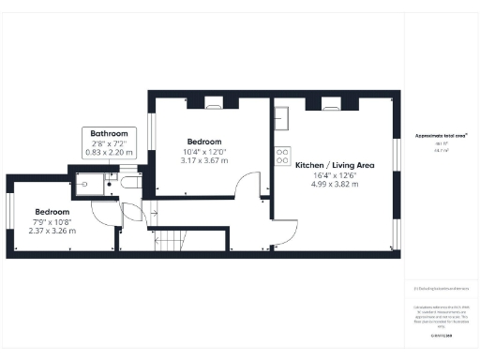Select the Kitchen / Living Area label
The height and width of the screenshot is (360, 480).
(335, 165)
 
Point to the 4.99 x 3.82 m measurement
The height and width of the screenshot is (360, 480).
(335, 184)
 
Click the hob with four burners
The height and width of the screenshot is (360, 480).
(280, 157)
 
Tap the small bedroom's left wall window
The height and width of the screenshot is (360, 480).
(9, 215)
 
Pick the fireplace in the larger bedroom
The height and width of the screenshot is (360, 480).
(214, 102)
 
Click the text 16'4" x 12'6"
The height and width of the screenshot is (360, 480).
(335, 174)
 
